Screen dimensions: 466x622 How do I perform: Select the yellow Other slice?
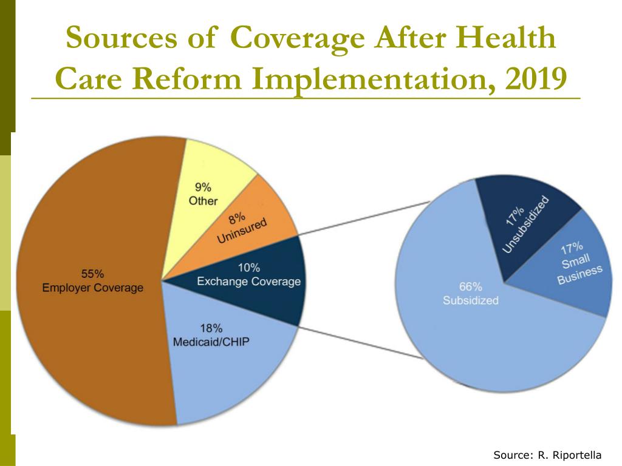[213, 164]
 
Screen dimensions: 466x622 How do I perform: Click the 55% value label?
[92, 273]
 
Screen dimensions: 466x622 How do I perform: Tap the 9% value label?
[203, 187]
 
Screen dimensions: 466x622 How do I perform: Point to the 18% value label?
[211, 328]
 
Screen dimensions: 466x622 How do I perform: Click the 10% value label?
[248, 268]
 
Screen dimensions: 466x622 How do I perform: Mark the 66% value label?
[470, 286]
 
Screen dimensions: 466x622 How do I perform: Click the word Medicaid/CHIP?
[211, 342]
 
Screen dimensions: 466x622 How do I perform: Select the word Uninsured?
[242, 231]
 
